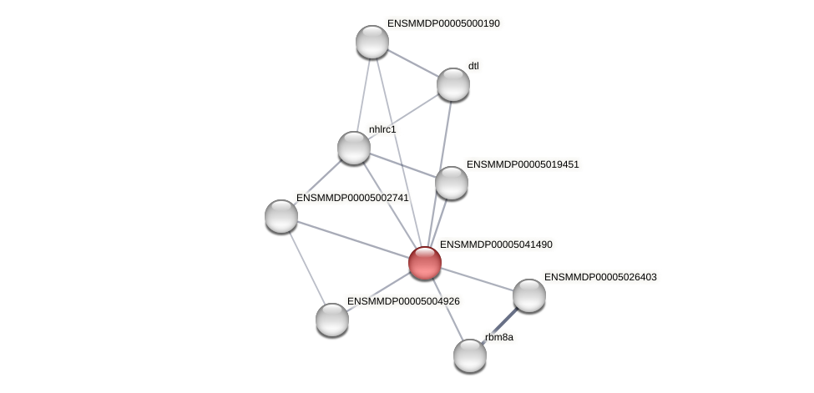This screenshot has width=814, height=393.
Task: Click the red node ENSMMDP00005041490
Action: tap(425, 262)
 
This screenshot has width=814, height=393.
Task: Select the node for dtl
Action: tap(453, 84)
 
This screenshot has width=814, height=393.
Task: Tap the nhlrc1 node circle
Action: tap(354, 148)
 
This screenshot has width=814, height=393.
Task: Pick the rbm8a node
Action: tap(470, 355)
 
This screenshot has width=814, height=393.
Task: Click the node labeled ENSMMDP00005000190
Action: tap(372, 42)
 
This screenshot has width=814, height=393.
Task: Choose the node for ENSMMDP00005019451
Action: tap(452, 183)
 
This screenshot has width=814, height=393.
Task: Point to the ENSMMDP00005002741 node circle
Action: tap(281, 216)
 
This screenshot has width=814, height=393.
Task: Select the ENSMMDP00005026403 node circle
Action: tap(529, 295)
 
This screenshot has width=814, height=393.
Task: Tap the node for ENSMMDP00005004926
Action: tap(332, 320)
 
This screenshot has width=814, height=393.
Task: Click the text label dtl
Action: tap(473, 66)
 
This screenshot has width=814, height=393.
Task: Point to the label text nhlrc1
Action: tap(382, 129)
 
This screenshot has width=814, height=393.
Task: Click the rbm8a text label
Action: tap(499, 337)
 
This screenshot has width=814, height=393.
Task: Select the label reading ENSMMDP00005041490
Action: tap(496, 244)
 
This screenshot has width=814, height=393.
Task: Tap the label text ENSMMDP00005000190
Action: tap(443, 23)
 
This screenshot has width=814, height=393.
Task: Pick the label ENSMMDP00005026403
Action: tap(600, 277)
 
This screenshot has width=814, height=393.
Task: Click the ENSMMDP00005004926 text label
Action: tap(403, 301)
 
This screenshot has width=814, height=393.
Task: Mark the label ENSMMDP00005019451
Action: tap(523, 164)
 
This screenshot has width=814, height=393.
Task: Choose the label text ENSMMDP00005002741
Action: tap(352, 198)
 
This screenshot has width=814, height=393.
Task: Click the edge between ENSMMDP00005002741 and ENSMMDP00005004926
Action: tap(306, 267)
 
